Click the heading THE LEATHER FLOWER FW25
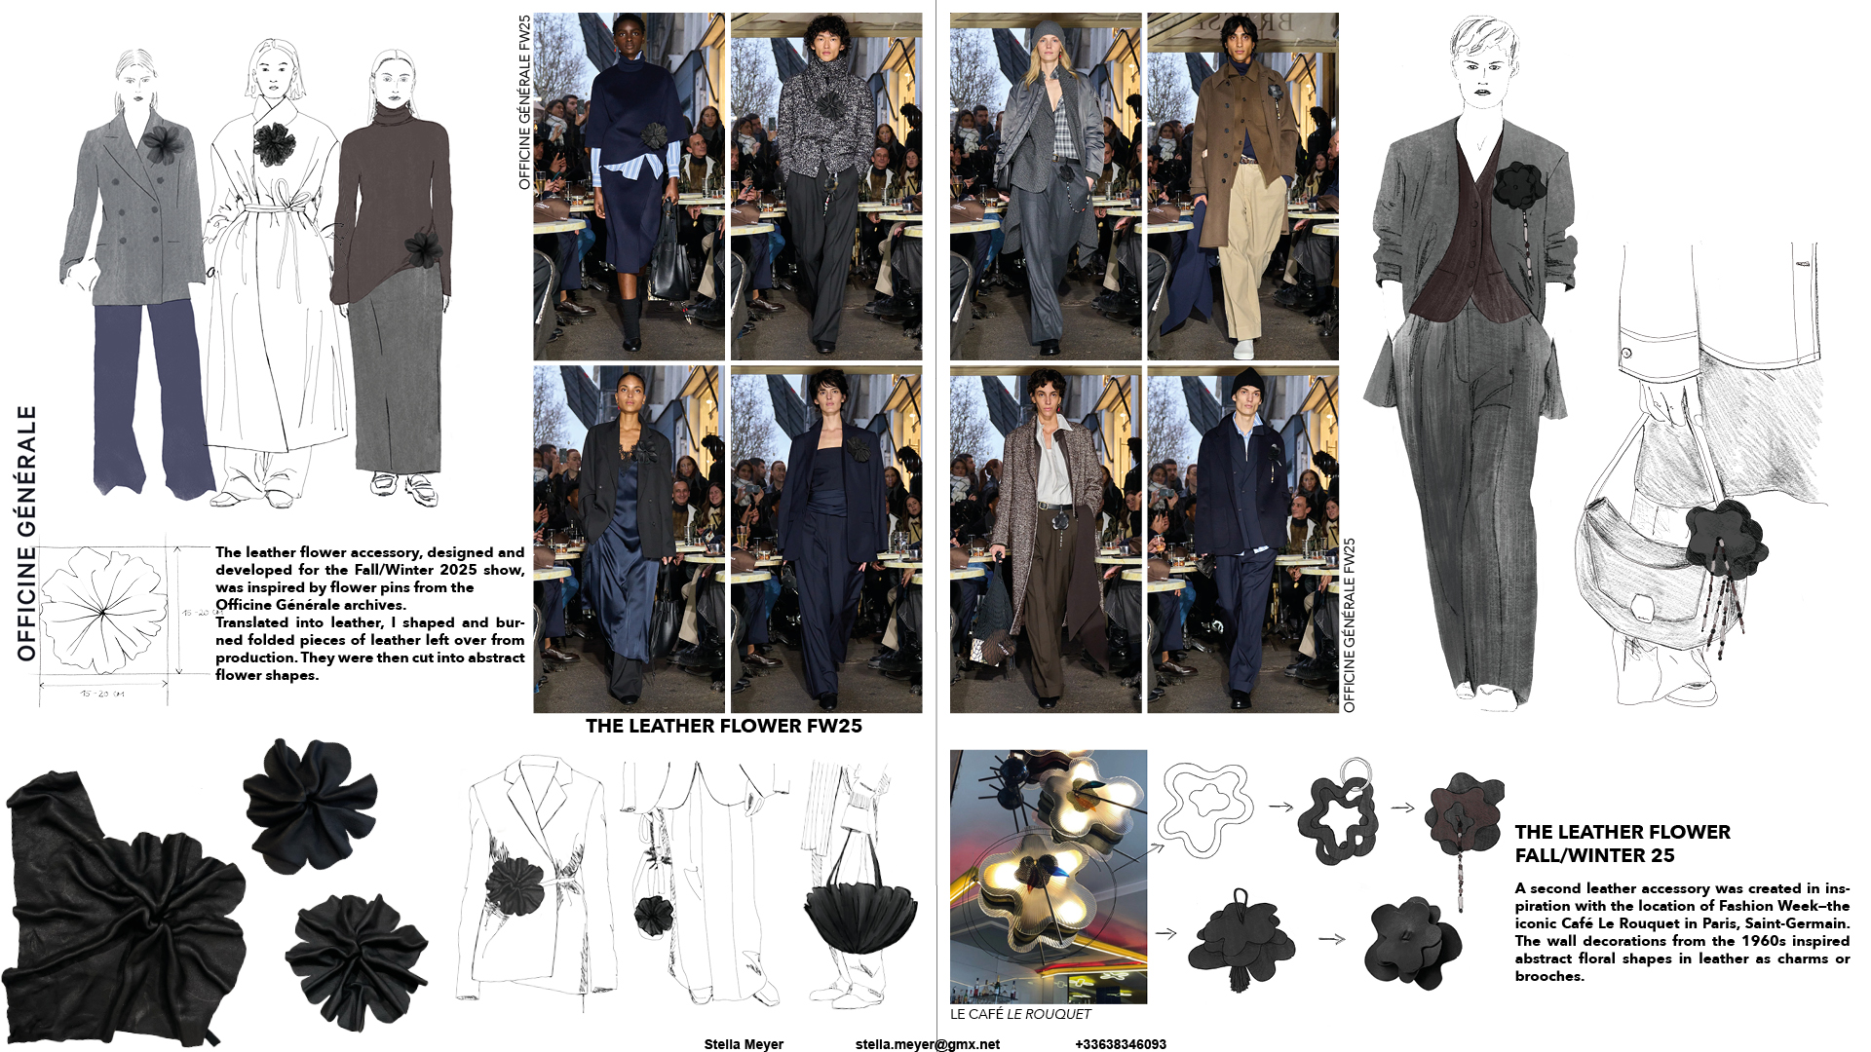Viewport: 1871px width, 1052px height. [x=723, y=726]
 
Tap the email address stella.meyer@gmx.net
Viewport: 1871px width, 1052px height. [x=927, y=1044]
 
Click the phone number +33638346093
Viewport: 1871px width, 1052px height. [x=1120, y=1044]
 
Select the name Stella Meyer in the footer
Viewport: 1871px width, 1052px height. [x=744, y=1044]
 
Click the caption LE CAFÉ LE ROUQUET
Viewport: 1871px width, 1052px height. [x=1020, y=1014]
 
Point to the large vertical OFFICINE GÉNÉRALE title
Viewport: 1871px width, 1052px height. [x=26, y=533]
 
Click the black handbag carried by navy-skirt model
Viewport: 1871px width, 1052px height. [x=670, y=263]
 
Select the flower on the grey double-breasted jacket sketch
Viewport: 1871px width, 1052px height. [x=163, y=144]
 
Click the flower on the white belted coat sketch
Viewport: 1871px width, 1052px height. [x=274, y=144]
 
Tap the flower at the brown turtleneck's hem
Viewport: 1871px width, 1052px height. [x=424, y=250]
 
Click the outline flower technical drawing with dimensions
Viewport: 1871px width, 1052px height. [x=103, y=611]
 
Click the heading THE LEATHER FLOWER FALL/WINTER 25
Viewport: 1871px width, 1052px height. [x=1622, y=844]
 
